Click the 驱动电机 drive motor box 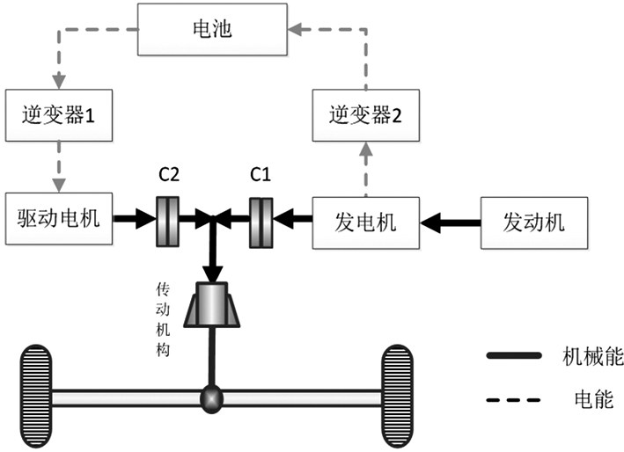tap(58, 216)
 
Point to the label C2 tap(169, 175)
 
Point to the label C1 tap(260, 175)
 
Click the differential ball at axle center tap(213, 397)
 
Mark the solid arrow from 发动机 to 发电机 tap(451, 220)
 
